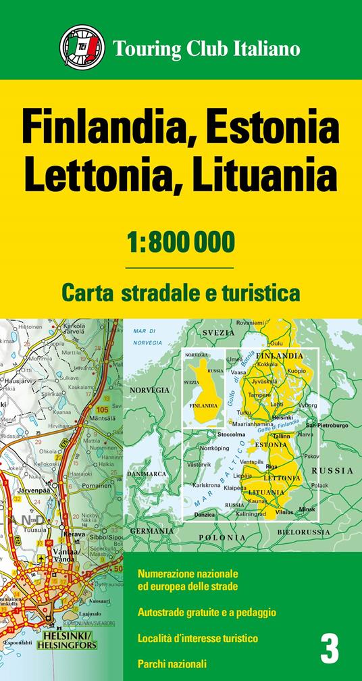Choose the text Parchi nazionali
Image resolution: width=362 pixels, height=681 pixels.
click(172, 663)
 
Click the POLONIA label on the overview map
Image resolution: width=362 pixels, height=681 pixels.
click(222, 536)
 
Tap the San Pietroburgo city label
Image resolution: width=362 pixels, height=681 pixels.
click(327, 426)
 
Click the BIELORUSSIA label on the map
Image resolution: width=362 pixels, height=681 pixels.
click(303, 532)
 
